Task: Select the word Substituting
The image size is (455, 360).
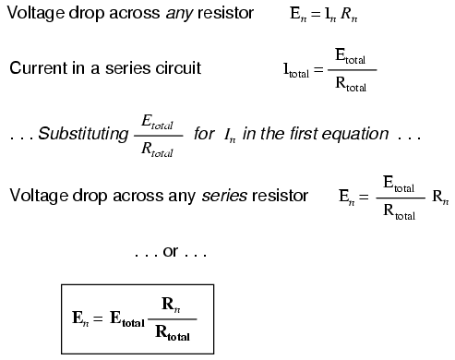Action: [x=85, y=135]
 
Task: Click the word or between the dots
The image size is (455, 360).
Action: [x=171, y=251]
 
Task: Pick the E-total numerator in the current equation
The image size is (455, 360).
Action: [x=351, y=59]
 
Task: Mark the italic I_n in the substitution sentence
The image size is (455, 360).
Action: [x=228, y=136]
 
